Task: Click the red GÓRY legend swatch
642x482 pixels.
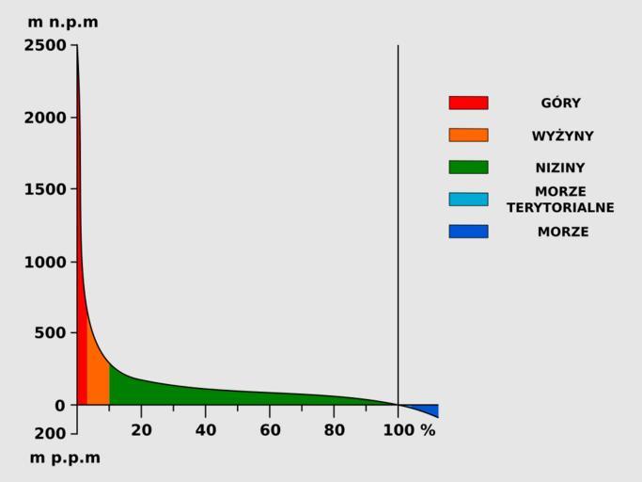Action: click(x=468, y=103)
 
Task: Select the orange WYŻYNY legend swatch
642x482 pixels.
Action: click(x=468, y=135)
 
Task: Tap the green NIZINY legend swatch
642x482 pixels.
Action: click(x=468, y=167)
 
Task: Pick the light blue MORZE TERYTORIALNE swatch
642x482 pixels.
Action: click(x=468, y=199)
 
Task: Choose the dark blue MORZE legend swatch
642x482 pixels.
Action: click(x=468, y=231)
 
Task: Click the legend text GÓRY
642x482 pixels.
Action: click(x=560, y=104)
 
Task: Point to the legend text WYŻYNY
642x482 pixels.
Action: click(x=562, y=136)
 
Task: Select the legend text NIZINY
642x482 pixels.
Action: click(x=560, y=168)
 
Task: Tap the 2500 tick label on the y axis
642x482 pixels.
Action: click(x=45, y=45)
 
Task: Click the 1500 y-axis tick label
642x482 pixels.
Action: click(x=45, y=189)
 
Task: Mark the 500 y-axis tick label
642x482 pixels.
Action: click(x=51, y=332)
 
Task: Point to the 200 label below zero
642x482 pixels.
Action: click(x=51, y=434)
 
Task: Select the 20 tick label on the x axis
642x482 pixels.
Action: click(x=141, y=430)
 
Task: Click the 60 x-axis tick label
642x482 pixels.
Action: click(x=270, y=430)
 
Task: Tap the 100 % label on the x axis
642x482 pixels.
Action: click(x=408, y=430)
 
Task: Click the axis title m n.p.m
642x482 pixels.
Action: click(x=63, y=22)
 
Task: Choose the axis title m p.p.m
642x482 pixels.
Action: click(x=65, y=458)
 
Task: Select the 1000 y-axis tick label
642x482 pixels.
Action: click(x=45, y=262)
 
